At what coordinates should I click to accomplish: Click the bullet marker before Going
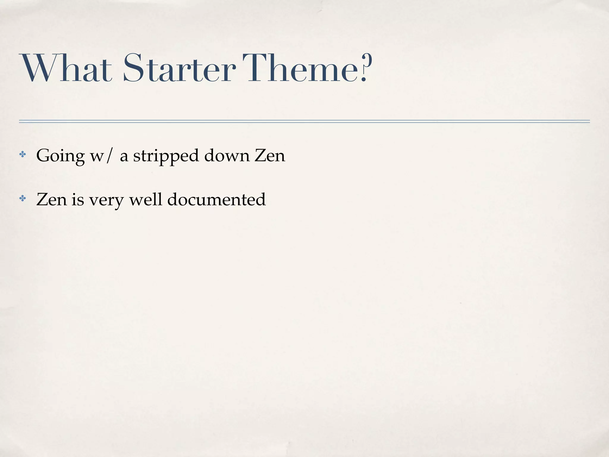coord(23,154)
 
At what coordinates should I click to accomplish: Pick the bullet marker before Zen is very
coord(23,198)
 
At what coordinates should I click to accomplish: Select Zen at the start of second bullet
coord(51,199)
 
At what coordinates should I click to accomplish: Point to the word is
coord(78,199)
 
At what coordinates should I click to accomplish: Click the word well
coord(146,199)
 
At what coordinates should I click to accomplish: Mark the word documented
coord(216,199)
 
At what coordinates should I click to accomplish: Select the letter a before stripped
coord(124,156)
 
